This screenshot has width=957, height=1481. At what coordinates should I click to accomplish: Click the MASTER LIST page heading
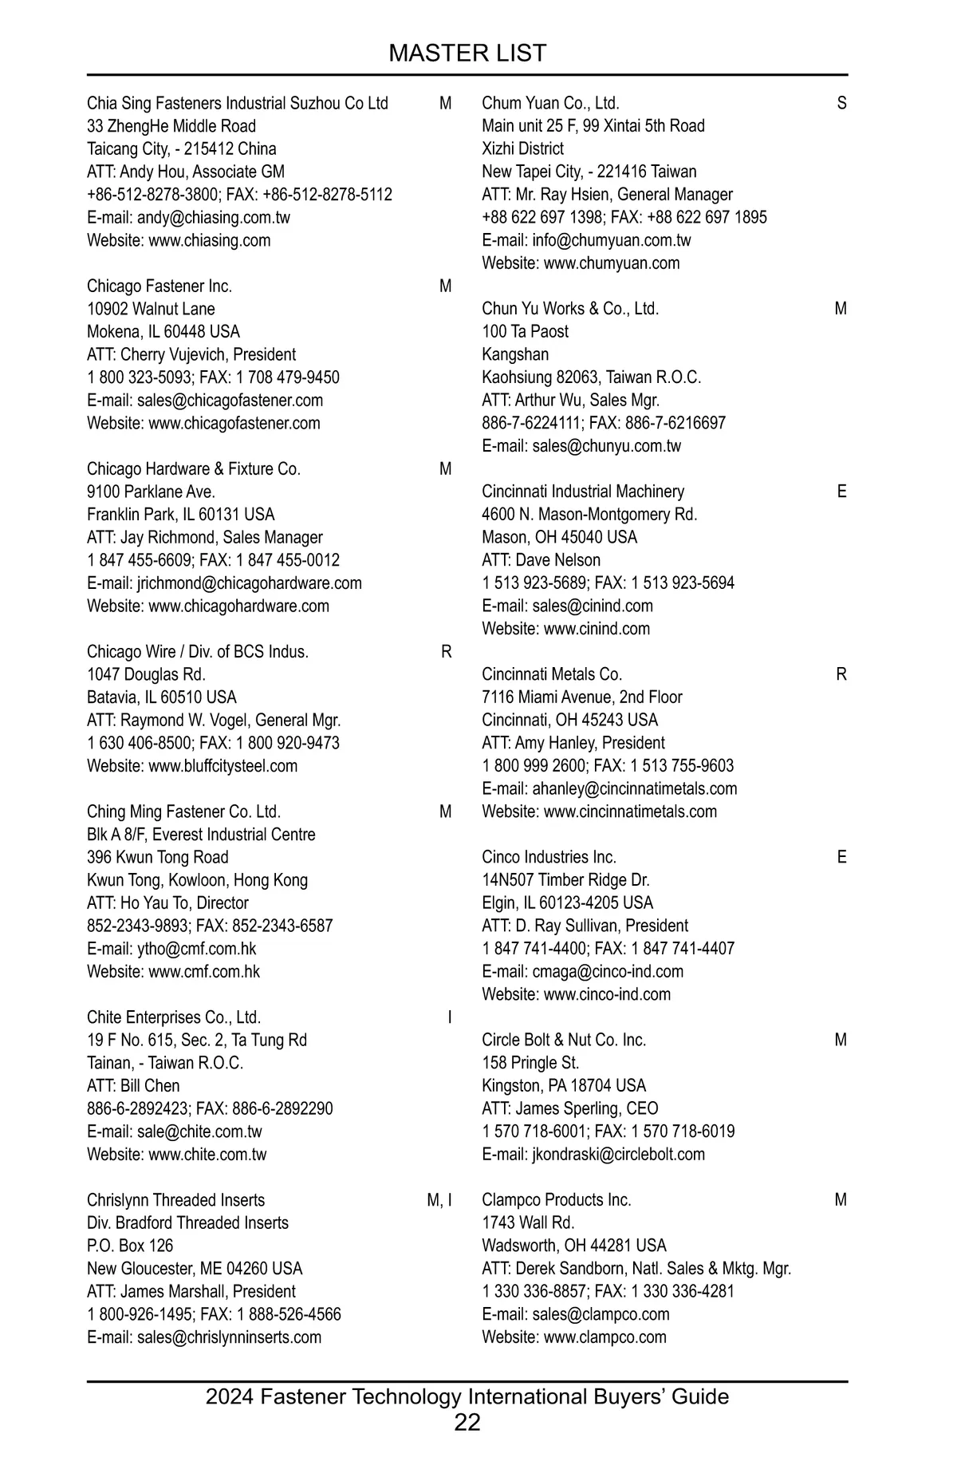[467, 53]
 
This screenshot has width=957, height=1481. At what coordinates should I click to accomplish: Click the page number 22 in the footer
[467, 1422]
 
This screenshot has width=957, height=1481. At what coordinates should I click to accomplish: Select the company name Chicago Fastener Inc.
[159, 286]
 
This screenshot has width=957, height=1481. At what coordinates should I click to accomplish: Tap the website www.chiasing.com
[209, 240]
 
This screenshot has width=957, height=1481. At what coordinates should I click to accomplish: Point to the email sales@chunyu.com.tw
[606, 446]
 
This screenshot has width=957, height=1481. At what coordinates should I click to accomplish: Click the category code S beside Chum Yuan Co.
[841, 103]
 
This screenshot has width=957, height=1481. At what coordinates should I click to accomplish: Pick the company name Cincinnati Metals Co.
[552, 674]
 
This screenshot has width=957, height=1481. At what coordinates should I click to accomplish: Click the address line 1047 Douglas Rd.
[146, 674]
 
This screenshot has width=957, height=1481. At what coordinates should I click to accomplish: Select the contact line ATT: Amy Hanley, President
[573, 743]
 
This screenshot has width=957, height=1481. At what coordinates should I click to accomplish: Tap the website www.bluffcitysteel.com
[223, 766]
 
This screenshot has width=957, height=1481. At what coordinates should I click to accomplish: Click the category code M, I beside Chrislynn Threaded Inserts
[439, 1200]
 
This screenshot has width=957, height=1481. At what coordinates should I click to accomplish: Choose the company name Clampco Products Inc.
[556, 1200]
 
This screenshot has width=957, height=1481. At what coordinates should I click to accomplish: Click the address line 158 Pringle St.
[530, 1063]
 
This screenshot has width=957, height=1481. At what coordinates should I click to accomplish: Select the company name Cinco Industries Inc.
[549, 857]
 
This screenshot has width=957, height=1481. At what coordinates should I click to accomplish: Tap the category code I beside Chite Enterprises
[449, 1017]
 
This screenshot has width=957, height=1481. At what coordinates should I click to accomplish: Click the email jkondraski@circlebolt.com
[618, 1154]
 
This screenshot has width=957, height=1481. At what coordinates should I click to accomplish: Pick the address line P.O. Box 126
[130, 1246]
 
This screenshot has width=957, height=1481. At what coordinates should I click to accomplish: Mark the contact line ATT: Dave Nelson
[541, 560]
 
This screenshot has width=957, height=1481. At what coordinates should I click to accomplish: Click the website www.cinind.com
[597, 629]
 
